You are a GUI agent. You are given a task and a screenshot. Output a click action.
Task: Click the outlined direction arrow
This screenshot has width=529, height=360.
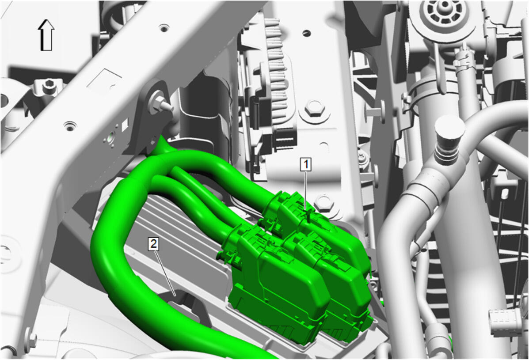(x=46, y=35)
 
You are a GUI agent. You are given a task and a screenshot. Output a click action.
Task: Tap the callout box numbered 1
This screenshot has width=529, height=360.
(x=306, y=165)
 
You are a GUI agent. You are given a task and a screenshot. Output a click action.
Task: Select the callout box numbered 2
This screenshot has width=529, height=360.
(x=153, y=243)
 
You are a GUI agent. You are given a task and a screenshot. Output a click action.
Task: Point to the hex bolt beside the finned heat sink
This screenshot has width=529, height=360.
(x=314, y=109)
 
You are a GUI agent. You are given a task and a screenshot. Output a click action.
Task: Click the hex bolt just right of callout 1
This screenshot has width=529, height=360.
(x=324, y=203)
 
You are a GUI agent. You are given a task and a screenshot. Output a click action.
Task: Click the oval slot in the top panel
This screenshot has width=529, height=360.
(x=306, y=33)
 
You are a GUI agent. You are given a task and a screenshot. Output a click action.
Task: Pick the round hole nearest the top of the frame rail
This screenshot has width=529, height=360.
(x=164, y=28)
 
